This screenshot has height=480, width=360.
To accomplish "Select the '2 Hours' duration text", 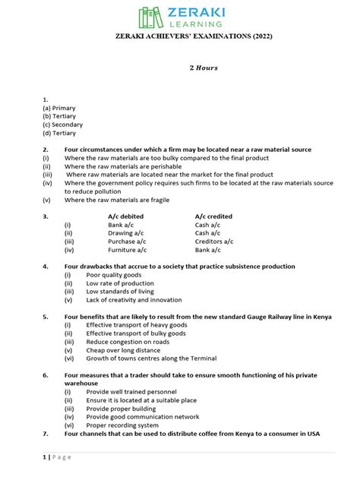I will [204, 68].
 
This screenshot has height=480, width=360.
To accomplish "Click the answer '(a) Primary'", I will [59, 108].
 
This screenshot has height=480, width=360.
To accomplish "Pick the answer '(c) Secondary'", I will [63, 125].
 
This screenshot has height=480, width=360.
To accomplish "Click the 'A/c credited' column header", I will [213, 216].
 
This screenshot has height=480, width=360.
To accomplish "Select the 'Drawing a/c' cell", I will [125, 233].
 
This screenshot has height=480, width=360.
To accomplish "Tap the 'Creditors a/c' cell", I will [214, 242].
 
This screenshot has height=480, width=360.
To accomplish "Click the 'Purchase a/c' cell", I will [126, 242].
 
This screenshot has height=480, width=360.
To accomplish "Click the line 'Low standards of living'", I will [120, 292].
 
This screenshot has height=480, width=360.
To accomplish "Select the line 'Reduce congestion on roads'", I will [128, 342].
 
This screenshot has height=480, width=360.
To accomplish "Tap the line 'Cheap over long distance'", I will [124, 350].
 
